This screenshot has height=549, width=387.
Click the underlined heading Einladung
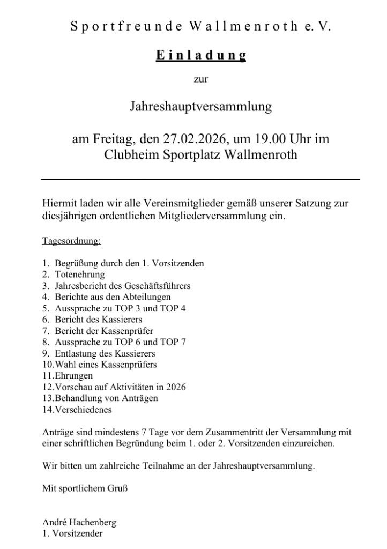point(200,55)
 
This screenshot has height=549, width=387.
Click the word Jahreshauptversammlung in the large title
point(200,107)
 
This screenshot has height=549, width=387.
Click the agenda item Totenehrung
point(80,274)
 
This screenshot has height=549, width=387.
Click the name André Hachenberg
point(71,522)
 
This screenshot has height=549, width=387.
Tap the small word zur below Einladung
point(200,80)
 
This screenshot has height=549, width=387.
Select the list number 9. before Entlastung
point(46,353)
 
